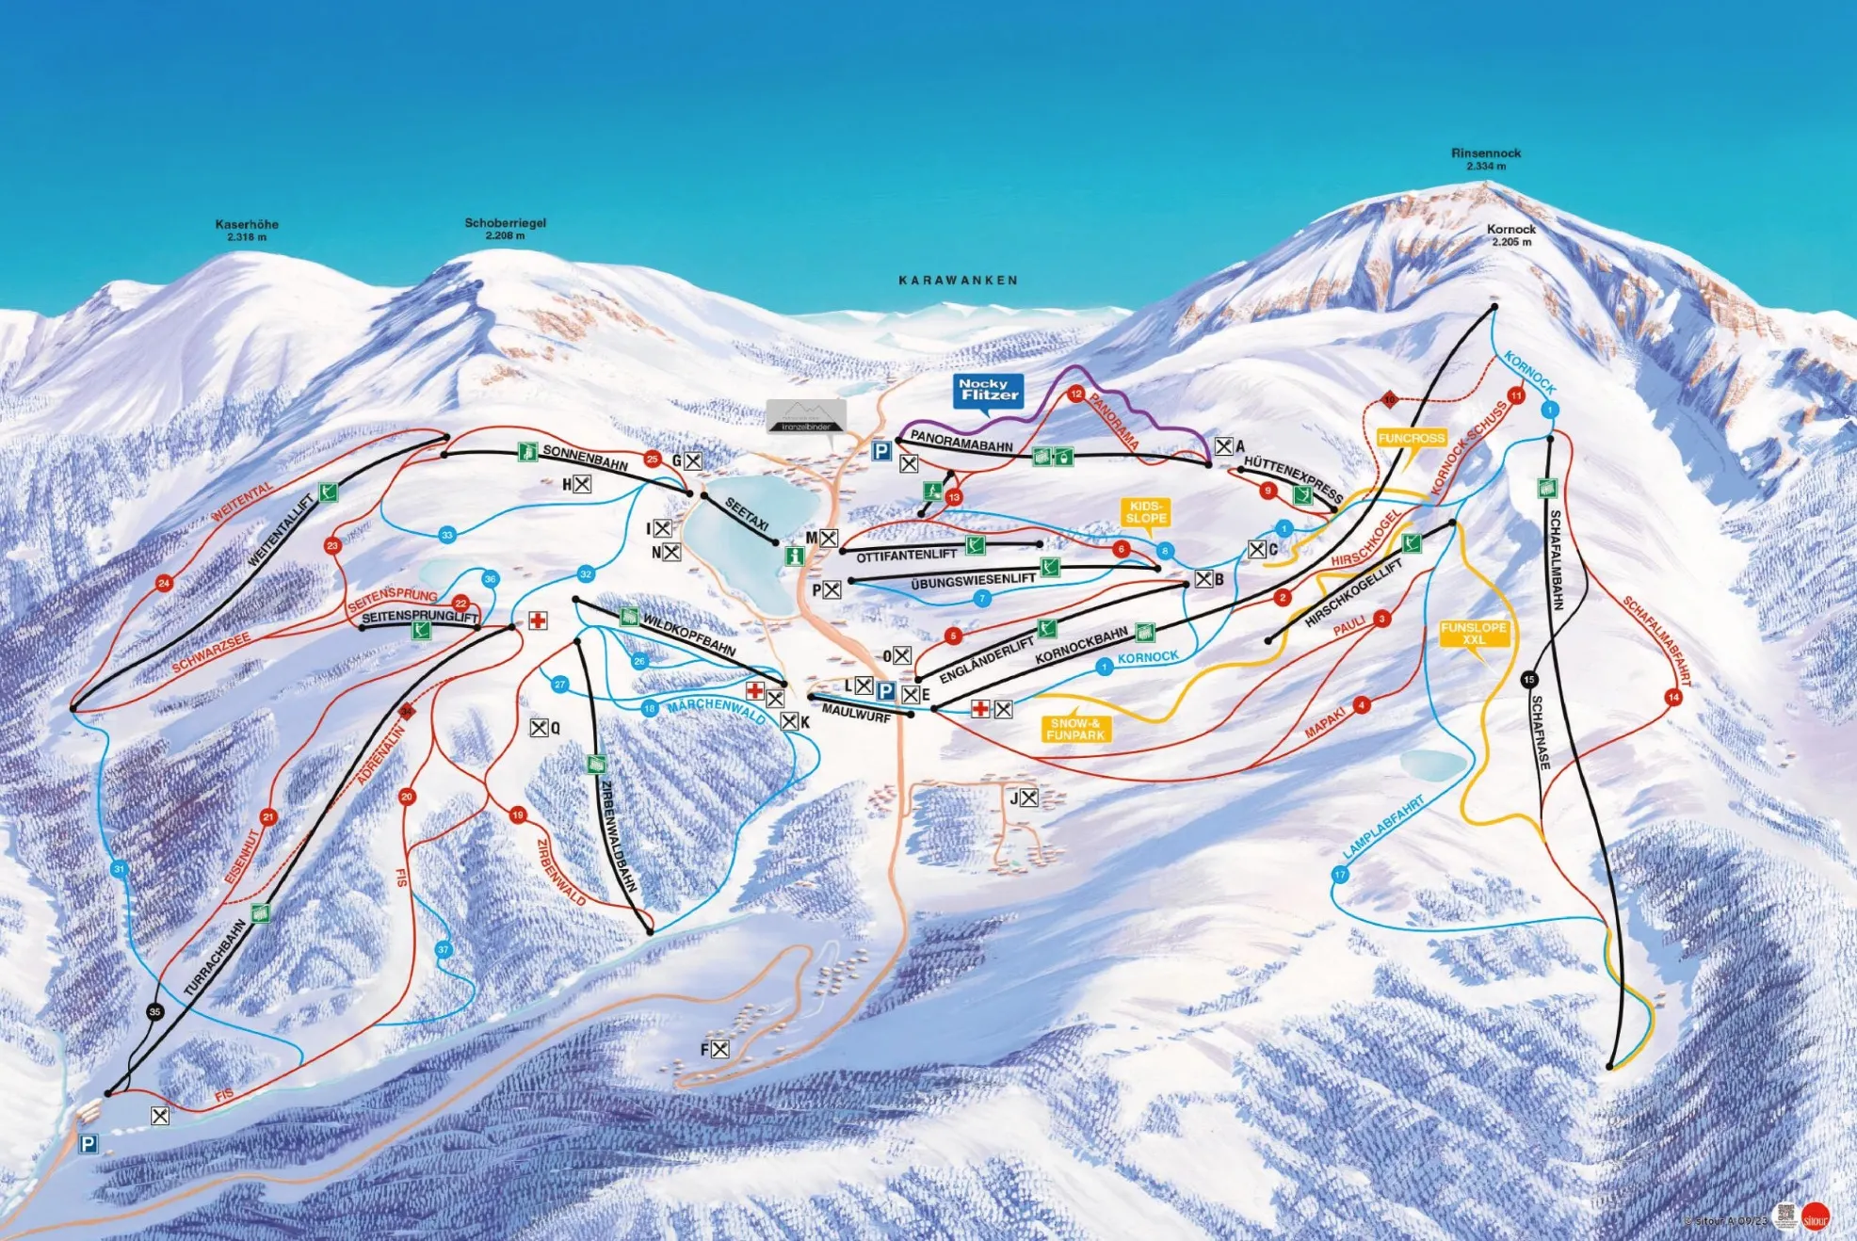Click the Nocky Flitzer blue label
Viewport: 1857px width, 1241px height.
tap(988, 390)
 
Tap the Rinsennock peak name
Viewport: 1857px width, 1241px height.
tap(1486, 153)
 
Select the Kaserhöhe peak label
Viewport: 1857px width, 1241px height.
tap(247, 225)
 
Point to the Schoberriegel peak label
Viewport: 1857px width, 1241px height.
tap(505, 223)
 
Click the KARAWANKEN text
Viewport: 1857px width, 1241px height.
tap(958, 281)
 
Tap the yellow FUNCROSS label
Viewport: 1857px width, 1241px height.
tap(1411, 439)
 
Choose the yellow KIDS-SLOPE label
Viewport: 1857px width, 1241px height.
tap(1146, 512)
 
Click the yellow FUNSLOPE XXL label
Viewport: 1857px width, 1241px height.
tap(1474, 634)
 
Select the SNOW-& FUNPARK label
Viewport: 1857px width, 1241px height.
tap(1075, 729)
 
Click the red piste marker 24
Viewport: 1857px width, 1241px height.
tap(164, 584)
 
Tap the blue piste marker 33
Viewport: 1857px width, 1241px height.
tap(447, 535)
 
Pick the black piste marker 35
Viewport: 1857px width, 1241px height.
tap(155, 1011)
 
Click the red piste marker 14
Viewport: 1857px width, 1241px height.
tap(1672, 698)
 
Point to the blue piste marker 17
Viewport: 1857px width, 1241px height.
tap(1339, 875)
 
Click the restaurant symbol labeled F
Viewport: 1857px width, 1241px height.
tap(719, 1049)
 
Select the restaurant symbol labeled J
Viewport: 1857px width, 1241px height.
tap(1029, 798)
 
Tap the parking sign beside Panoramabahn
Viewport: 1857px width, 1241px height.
tap(880, 452)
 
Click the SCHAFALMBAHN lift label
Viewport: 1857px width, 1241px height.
tap(1556, 560)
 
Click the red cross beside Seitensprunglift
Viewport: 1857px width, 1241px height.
tap(538, 620)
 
